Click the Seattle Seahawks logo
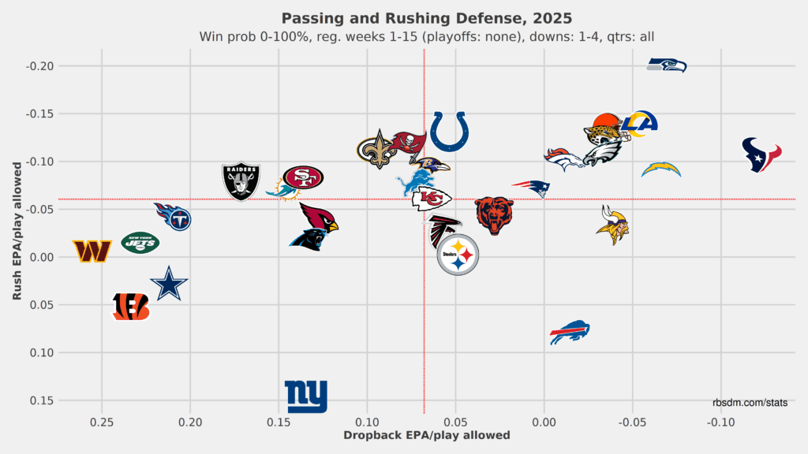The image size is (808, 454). [x=667, y=65]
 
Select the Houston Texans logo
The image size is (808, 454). [x=761, y=154]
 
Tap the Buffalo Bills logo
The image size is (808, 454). [x=570, y=332]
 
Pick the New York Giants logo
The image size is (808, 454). [x=306, y=397]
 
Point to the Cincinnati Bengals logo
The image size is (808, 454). [x=130, y=307]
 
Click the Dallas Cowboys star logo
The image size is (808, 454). [x=169, y=285]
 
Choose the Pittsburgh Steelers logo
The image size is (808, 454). [x=458, y=255]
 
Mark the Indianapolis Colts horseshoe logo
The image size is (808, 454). [x=449, y=131]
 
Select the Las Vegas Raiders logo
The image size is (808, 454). [x=241, y=181]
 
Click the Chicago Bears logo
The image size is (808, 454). [x=494, y=215]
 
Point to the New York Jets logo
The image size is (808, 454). [x=140, y=243]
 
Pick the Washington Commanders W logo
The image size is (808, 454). [x=92, y=251]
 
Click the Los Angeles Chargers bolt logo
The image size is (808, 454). [x=660, y=169]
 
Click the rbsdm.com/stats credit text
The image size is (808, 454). [x=749, y=403]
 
